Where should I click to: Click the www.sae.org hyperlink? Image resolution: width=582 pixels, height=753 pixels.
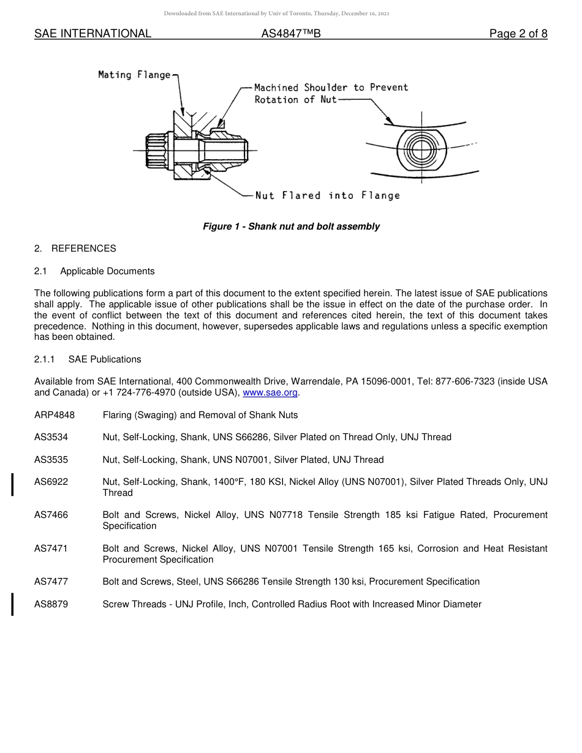coord(270,393)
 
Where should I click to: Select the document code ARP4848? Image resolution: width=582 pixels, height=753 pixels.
coord(55,415)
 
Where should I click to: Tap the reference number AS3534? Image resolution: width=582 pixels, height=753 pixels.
coord(51,437)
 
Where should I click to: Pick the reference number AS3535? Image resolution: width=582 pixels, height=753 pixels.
coord(51,460)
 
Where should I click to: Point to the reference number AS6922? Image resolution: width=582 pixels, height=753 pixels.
coord(51,482)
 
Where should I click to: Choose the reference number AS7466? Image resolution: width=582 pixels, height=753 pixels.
coord(51,515)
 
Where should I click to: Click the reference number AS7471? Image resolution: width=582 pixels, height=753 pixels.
coord(51,549)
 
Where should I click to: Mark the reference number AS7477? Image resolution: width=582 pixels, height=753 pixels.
coord(51,582)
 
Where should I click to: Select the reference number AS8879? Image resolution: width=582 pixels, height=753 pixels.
coord(51,604)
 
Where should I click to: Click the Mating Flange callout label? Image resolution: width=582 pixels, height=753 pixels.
coord(134,75)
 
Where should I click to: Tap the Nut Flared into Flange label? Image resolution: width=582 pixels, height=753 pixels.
coord(327,196)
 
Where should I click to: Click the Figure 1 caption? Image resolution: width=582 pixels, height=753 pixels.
coord(291,227)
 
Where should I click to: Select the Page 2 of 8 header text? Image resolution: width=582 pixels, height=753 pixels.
coord(518,34)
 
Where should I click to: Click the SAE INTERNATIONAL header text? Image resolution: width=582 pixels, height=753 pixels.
coord(93,34)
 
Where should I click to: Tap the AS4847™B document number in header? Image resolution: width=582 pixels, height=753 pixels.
coord(291,34)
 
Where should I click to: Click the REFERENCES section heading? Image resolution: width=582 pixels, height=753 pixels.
coord(83,249)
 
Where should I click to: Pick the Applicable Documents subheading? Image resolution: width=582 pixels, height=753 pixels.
coord(107,271)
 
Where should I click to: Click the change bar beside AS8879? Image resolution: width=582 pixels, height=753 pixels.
coord(13,604)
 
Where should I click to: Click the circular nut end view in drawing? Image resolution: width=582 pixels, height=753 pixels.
coord(421,149)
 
